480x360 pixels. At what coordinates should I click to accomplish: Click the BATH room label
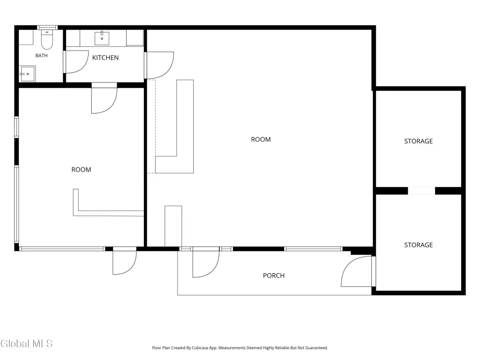pyautogui.click(x=42, y=55)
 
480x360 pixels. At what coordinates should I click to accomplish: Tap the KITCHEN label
pyautogui.click(x=105, y=58)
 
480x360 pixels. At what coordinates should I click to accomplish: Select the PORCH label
pyautogui.click(x=274, y=276)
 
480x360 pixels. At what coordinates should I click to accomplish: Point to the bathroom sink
pyautogui.click(x=27, y=74)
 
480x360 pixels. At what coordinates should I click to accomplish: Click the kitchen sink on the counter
pyautogui.click(x=102, y=38)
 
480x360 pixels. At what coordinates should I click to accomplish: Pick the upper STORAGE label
pyautogui.click(x=419, y=141)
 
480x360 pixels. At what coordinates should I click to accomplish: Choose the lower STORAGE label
pyautogui.click(x=419, y=245)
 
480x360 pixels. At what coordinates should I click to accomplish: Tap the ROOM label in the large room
pyautogui.click(x=261, y=139)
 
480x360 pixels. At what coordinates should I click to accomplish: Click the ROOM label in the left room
pyautogui.click(x=81, y=170)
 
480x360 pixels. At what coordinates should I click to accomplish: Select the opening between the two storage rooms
pyautogui.click(x=421, y=191)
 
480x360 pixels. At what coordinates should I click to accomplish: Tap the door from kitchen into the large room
pyautogui.click(x=159, y=65)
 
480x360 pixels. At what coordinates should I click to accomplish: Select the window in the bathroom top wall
pyautogui.click(x=47, y=28)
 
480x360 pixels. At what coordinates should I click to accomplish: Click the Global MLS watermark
pyautogui.click(x=27, y=344)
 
